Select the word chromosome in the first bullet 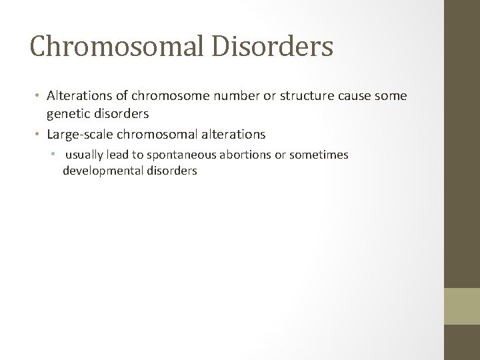point(152,97)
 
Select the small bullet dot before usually point(57,155)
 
